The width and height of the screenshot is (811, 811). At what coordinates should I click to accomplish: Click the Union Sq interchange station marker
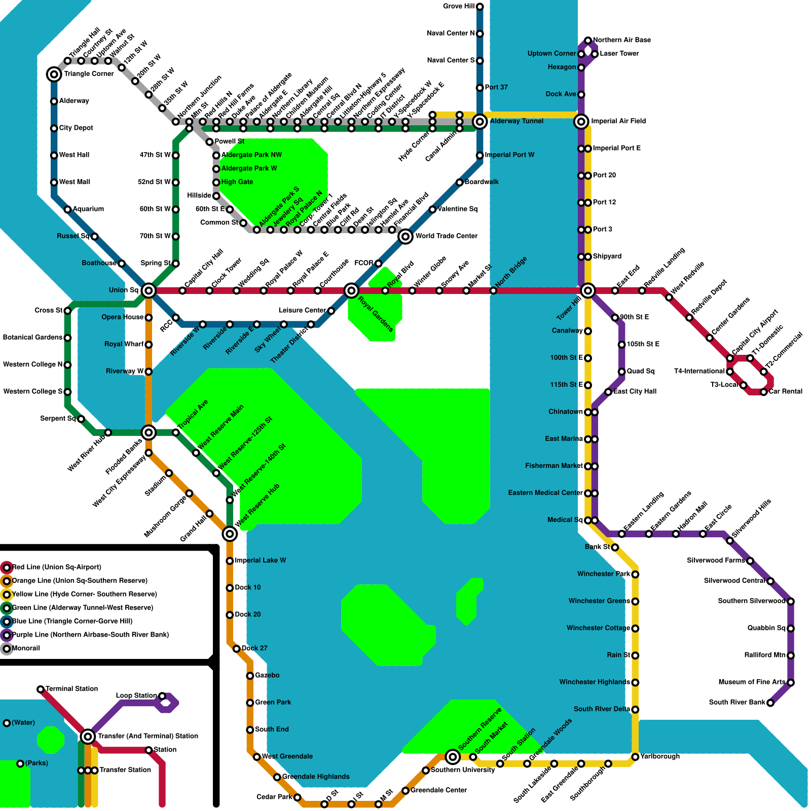[x=149, y=290]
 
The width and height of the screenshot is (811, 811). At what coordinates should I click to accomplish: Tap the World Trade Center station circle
[x=405, y=236]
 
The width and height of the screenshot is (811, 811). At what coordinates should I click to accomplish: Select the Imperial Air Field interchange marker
[x=581, y=122]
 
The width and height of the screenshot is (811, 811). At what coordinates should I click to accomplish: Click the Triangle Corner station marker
[x=54, y=75]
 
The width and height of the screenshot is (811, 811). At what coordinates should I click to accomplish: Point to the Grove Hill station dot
[x=480, y=7]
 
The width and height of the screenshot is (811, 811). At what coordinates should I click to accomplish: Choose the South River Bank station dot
[x=770, y=703]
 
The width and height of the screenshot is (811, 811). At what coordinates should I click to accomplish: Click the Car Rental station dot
[x=764, y=392]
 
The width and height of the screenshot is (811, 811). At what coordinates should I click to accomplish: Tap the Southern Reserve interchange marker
[x=453, y=757]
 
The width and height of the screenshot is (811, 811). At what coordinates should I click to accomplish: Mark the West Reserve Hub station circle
[x=230, y=534]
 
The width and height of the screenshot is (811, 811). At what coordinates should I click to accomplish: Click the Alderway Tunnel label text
[x=517, y=121]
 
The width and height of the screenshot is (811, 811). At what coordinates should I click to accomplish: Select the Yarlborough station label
[x=660, y=756]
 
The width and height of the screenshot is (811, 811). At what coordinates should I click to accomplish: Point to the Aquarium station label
[x=88, y=209]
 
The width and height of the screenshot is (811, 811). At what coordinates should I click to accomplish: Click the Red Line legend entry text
[x=57, y=567]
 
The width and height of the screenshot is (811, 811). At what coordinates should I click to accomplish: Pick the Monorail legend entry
[x=26, y=648]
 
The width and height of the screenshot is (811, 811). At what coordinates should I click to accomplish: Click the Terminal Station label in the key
[x=71, y=689]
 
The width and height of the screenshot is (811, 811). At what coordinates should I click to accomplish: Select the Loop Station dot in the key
[x=162, y=696]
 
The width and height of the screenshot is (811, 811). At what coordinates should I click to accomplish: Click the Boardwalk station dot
[x=459, y=182]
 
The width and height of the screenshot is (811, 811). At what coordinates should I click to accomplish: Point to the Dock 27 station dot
[x=237, y=649]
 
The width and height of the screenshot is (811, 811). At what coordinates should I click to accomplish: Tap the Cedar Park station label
[x=274, y=797]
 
